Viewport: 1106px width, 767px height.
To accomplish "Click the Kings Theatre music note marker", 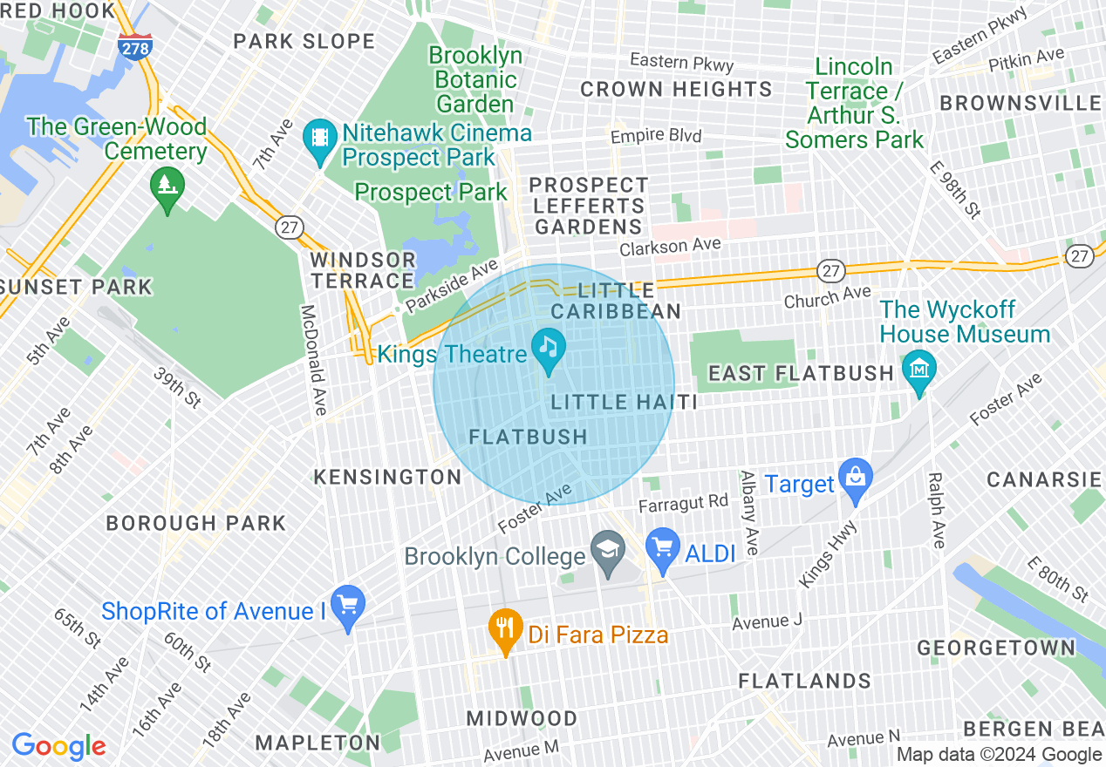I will point(548,347).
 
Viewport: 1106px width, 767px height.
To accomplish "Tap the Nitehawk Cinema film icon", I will point(322,137).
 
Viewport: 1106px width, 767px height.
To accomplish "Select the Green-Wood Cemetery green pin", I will point(166,186).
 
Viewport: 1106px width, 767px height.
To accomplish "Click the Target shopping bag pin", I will point(855,479).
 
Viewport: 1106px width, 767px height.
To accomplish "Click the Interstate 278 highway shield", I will point(135,47).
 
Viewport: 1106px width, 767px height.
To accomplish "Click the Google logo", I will point(58,746).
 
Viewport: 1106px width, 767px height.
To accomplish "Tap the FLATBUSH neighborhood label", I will point(529,437).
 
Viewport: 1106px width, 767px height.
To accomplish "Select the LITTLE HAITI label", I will point(625,402).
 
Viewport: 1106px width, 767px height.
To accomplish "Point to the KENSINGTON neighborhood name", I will point(387,477).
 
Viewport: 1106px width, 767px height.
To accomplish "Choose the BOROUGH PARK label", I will point(195,523).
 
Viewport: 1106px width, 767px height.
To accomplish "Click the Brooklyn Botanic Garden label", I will point(475,80).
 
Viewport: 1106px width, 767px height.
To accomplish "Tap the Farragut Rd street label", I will point(683,503).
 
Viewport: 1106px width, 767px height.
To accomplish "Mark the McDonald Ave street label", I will point(313,359).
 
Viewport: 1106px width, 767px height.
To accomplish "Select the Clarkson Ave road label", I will point(670,248).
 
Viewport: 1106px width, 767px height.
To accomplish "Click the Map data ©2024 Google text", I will point(1000,755).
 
